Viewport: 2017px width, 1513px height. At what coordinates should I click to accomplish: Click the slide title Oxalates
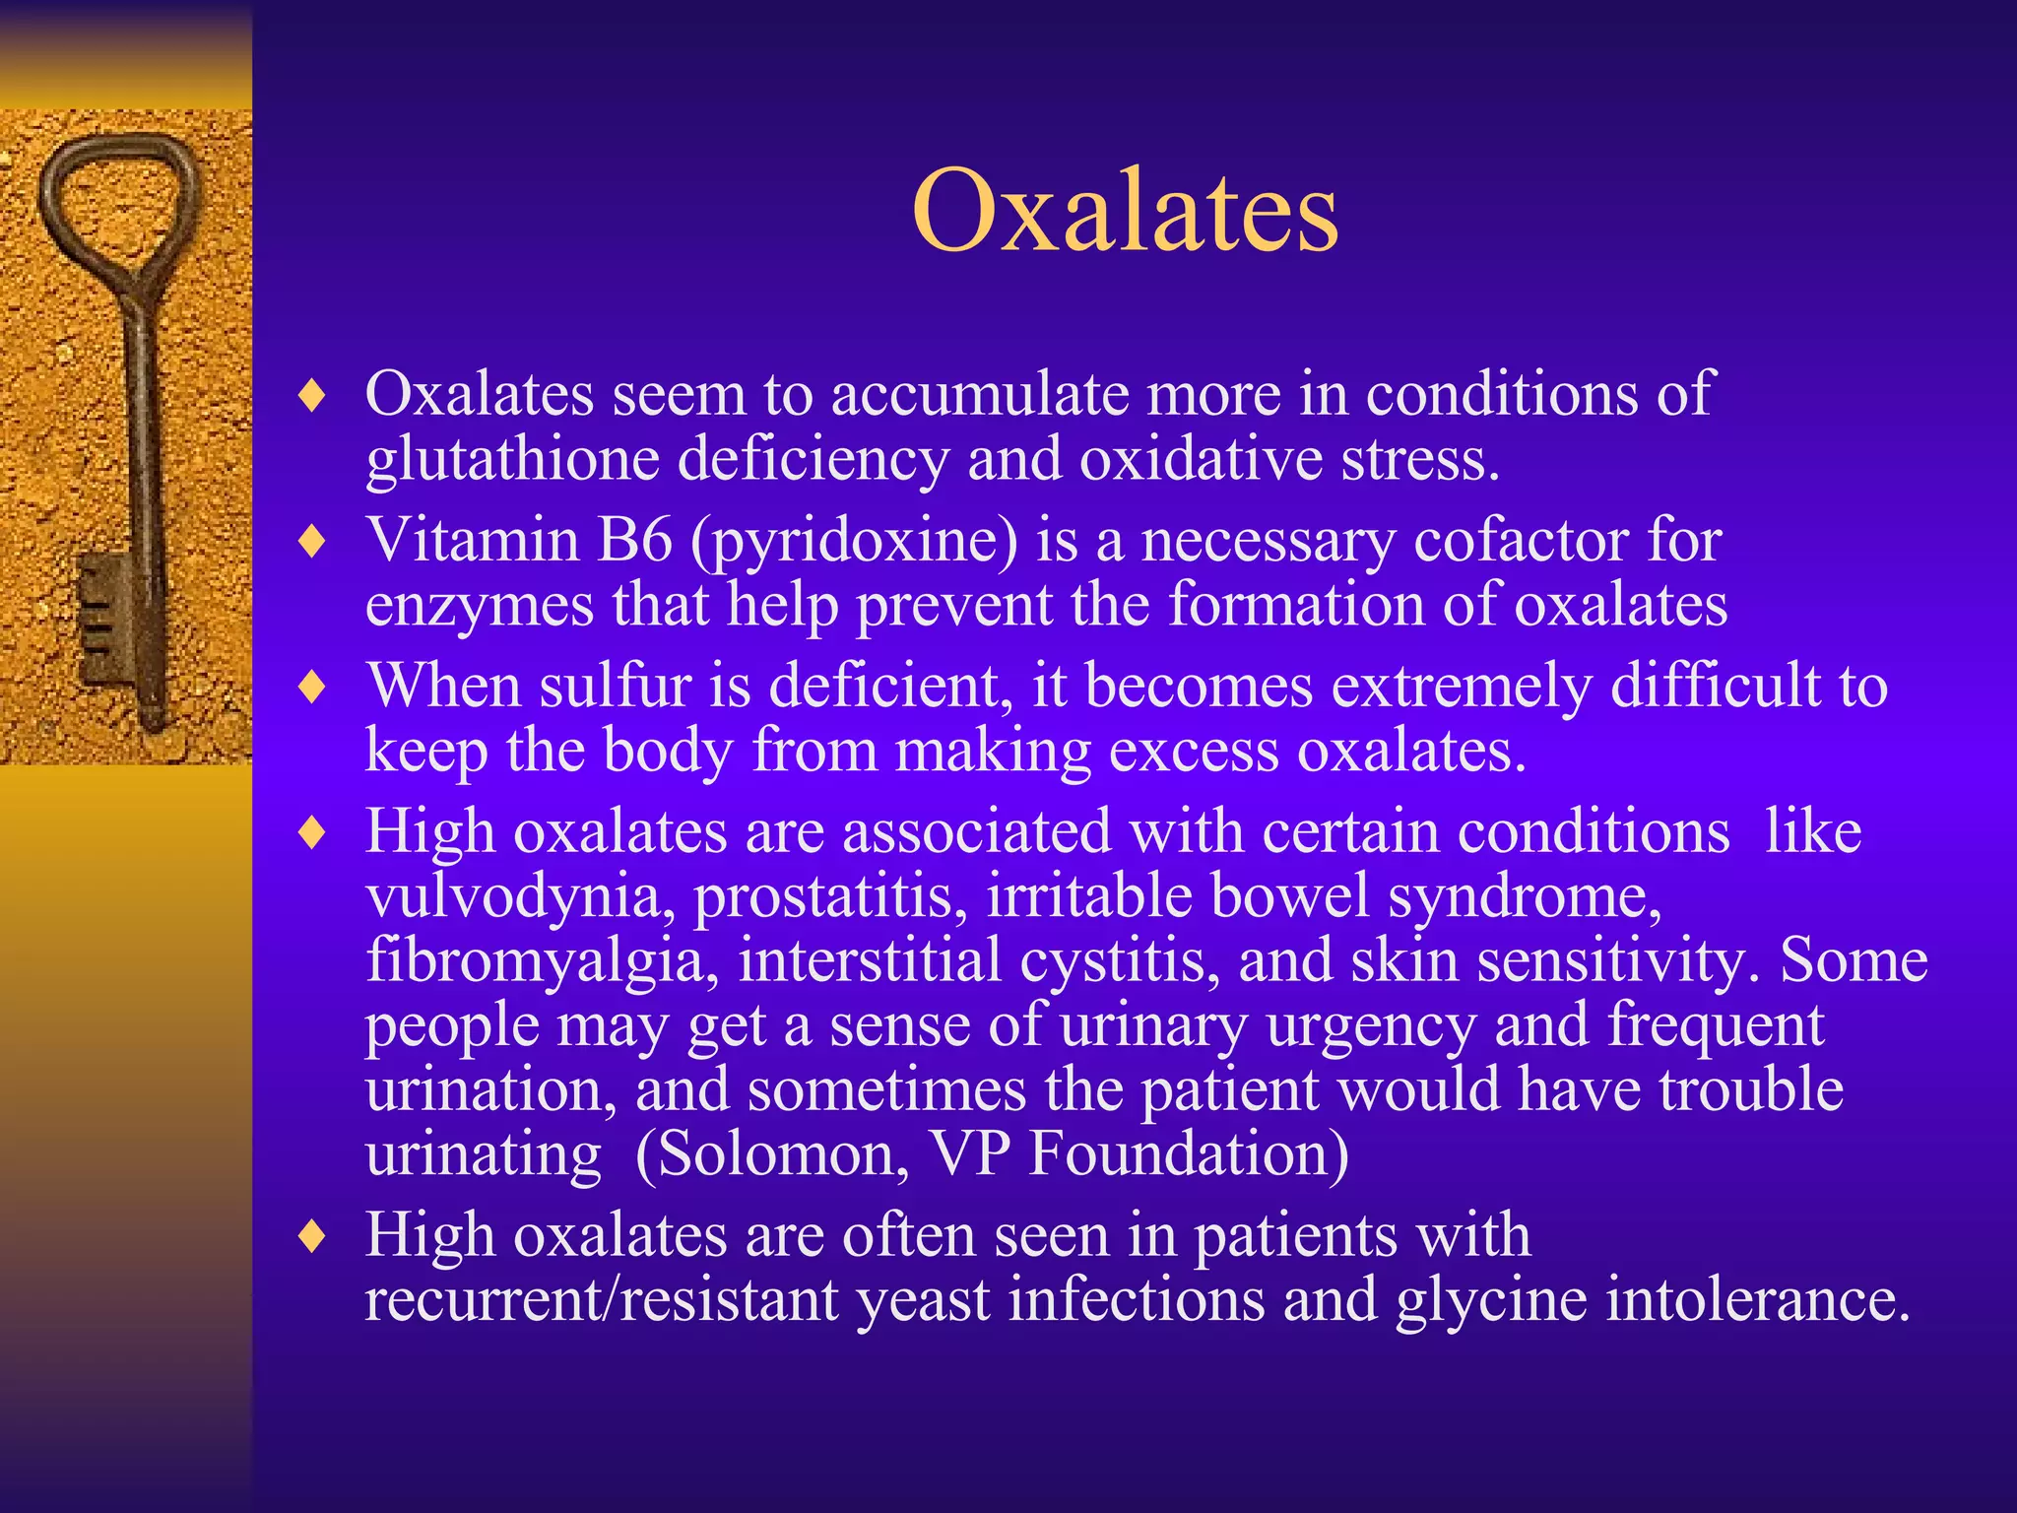pos(1125,211)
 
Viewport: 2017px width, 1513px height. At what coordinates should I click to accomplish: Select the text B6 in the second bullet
pos(634,540)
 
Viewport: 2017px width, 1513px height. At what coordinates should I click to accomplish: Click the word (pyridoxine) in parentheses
pos(854,542)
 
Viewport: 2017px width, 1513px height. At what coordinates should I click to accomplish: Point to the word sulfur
pos(614,686)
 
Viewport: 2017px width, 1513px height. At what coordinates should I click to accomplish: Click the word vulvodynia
pos(512,897)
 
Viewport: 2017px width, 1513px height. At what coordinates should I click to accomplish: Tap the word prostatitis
pos(830,897)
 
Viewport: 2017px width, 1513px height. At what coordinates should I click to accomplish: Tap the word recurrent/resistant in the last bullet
pos(601,1299)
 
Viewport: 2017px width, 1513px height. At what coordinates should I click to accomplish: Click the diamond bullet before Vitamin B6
pos(312,541)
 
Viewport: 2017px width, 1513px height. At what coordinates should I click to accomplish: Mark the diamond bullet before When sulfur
pos(312,687)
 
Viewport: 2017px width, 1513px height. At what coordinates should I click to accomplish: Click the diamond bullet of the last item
pos(312,1235)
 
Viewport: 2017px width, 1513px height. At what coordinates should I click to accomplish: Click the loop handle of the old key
pos(119,197)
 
